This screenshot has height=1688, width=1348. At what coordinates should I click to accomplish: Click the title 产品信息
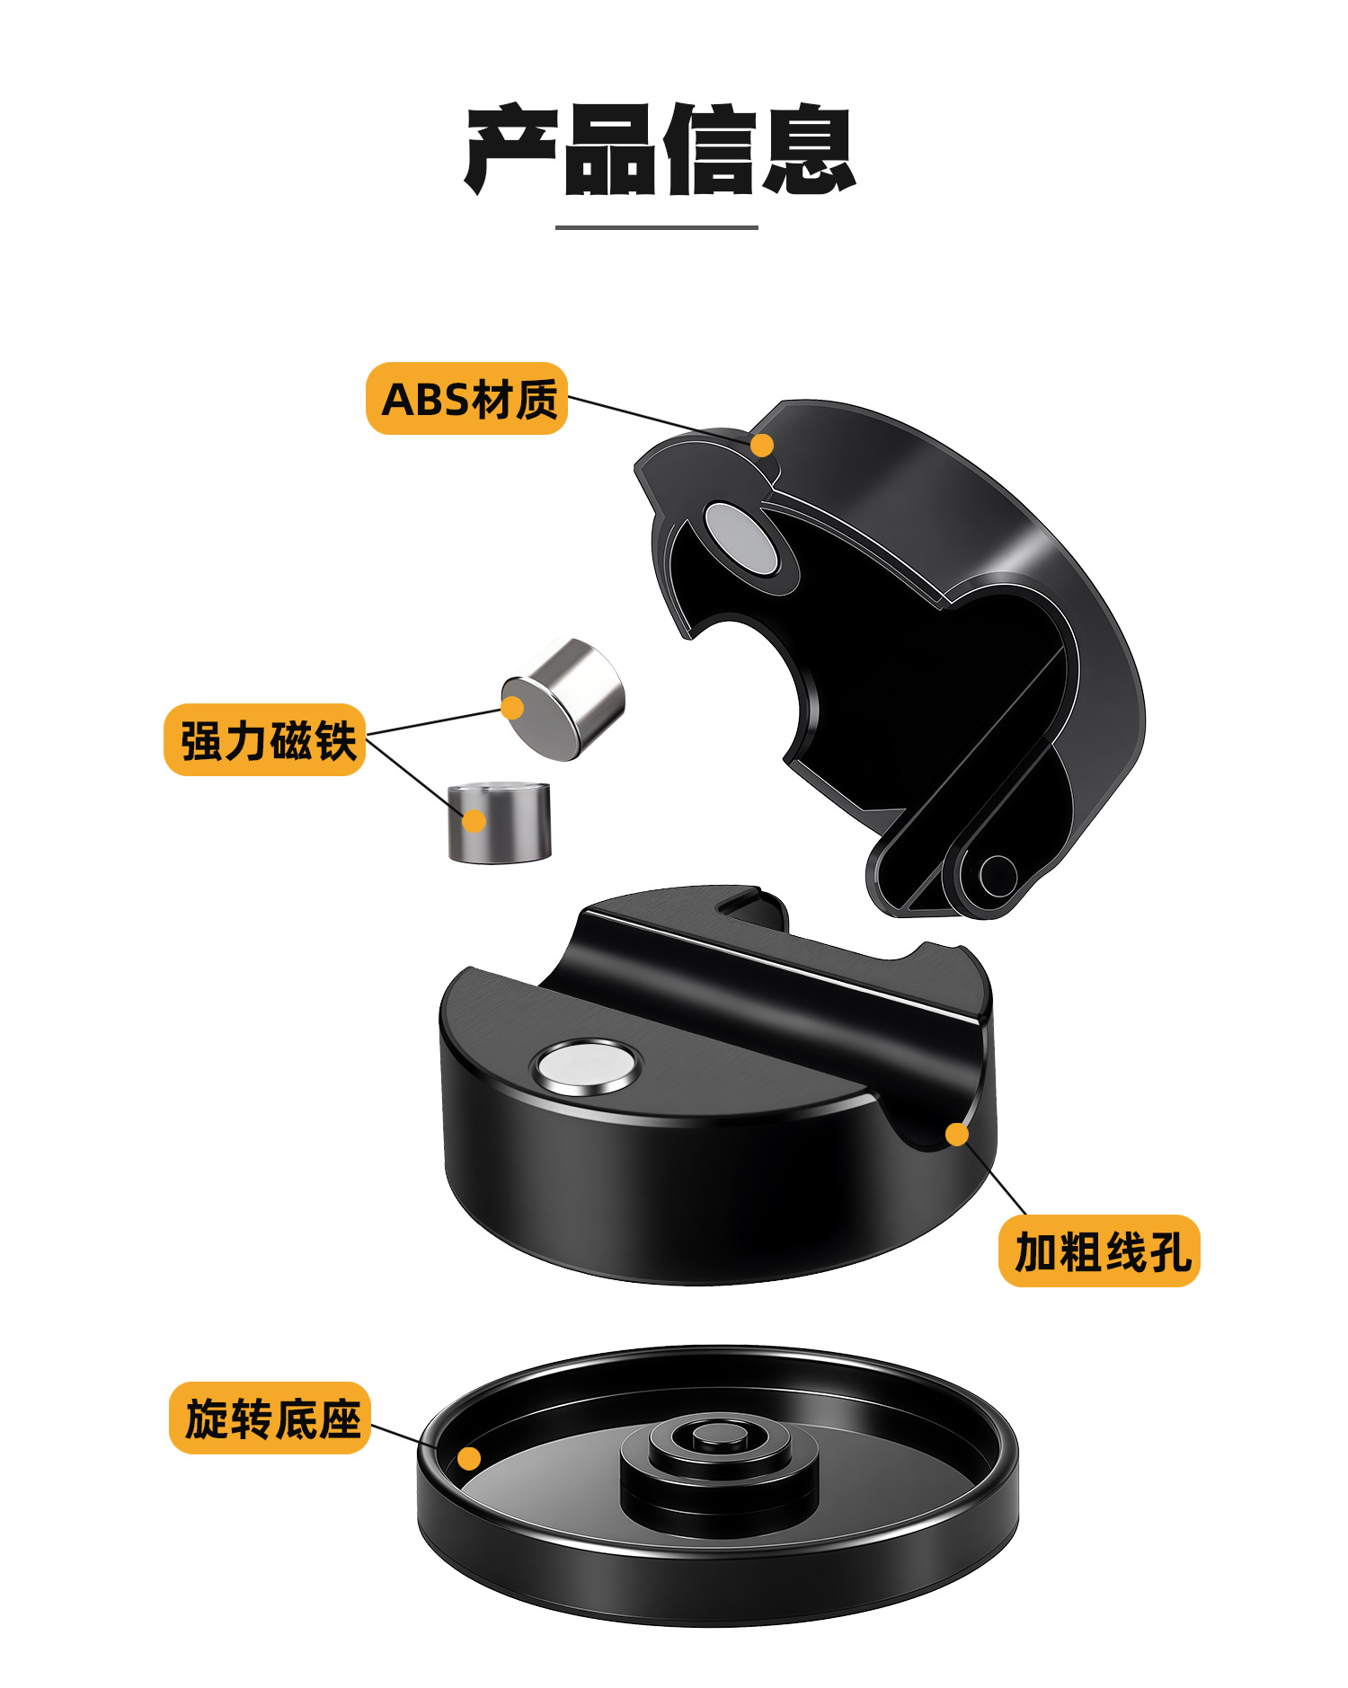tap(660, 150)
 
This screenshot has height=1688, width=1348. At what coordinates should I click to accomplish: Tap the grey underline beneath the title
tap(657, 227)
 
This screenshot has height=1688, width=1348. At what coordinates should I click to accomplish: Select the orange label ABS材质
tap(467, 399)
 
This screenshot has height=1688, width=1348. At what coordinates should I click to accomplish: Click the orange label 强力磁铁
tap(265, 740)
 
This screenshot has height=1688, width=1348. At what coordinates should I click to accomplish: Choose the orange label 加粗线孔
tap(1099, 1251)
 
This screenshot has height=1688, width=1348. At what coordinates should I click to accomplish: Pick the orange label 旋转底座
tap(270, 1418)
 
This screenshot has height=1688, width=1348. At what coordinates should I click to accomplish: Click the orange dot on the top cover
tap(762, 445)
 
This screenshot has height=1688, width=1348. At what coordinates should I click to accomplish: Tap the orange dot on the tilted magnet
tap(512, 708)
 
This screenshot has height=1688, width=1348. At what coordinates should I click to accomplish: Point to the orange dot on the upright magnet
tap(474, 820)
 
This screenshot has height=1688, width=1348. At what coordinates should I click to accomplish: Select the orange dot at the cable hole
tap(957, 1135)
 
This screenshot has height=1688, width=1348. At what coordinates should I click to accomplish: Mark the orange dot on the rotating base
tap(469, 1458)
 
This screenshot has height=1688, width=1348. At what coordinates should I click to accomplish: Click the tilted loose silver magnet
tap(563, 699)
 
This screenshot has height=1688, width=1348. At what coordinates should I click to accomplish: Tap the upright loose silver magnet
tap(500, 822)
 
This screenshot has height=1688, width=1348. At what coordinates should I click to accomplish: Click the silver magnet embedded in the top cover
tap(741, 539)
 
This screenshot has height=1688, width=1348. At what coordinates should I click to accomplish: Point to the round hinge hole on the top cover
tap(997, 876)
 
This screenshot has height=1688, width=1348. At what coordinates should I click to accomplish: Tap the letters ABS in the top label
tap(425, 400)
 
